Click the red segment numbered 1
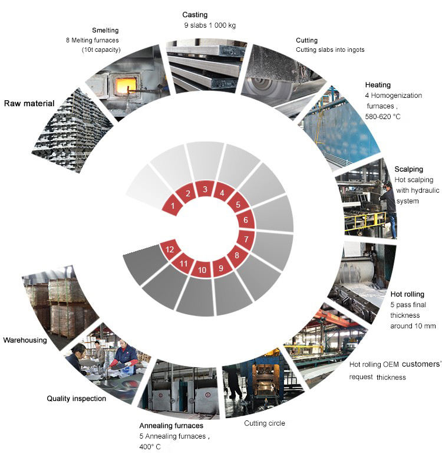click(x=172, y=206)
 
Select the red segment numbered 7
click(x=246, y=239)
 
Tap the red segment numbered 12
click(x=170, y=249)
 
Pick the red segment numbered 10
click(x=202, y=270)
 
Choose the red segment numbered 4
click(x=222, y=192)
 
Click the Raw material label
click(x=29, y=104)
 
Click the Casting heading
click(x=194, y=14)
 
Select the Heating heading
click(x=378, y=85)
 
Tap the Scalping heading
click(x=408, y=169)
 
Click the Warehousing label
click(x=25, y=340)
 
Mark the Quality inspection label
click(x=77, y=399)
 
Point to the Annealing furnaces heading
click(x=171, y=425)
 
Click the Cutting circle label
click(x=265, y=423)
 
